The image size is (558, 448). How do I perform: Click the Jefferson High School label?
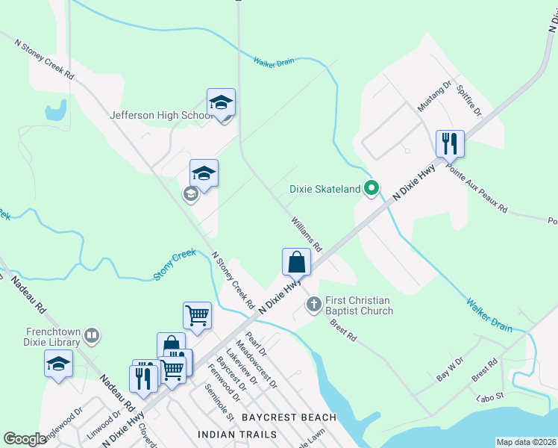point(161,116)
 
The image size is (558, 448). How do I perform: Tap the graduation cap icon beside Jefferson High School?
point(221,102)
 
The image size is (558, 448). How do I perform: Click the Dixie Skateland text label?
point(325,190)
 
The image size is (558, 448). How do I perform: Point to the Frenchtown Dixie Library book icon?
point(92,337)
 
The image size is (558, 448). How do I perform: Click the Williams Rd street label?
point(307,234)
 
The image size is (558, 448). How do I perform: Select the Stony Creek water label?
point(175,265)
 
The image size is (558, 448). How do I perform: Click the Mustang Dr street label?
point(435,97)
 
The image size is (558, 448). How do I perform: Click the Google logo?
point(25,439)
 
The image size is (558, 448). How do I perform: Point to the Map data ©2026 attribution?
point(525,442)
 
